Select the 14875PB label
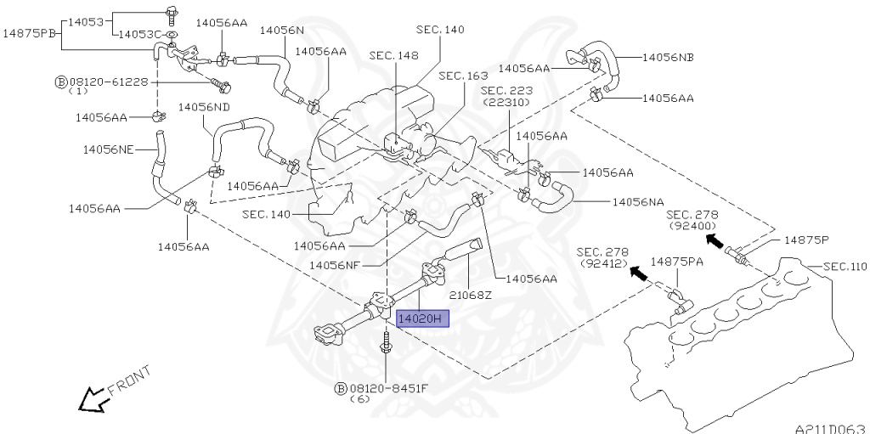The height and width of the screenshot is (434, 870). point(30,33)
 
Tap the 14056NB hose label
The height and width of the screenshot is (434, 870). point(668,57)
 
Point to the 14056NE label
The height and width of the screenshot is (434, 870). point(108,149)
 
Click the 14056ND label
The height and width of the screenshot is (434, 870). point(204,106)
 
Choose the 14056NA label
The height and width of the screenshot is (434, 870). point(637,203)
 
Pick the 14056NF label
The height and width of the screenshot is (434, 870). point(335,265)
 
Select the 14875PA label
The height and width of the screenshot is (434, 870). point(677,262)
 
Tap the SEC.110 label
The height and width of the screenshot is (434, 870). point(845,267)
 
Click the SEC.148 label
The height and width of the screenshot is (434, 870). point(393,55)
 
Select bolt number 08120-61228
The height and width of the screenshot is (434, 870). point(109,82)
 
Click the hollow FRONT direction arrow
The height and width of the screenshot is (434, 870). point(92,399)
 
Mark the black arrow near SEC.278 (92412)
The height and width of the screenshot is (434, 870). point(639,273)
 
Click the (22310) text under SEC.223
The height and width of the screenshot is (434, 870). point(506,102)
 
